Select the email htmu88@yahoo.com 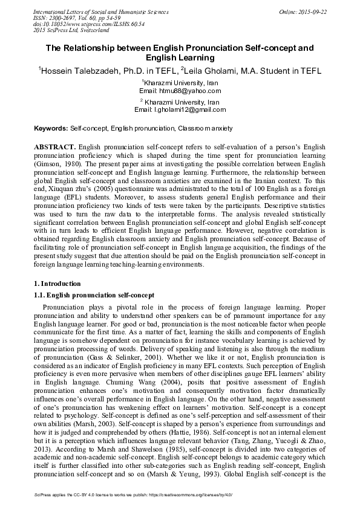point(180,90)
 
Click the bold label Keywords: point(51,129)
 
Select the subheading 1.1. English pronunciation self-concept point(94,295)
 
